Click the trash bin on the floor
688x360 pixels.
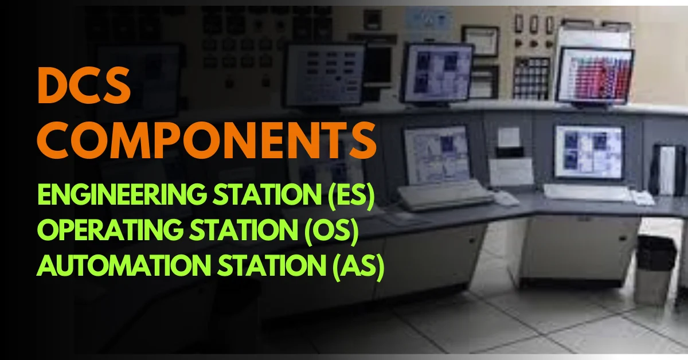tap(655, 268)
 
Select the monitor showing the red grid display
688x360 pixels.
tap(595, 76)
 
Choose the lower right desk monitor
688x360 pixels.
tap(588, 152)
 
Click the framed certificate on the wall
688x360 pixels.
tap(480, 40)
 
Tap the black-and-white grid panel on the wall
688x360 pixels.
tap(531, 77)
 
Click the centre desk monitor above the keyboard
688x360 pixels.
tap(437, 154)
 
